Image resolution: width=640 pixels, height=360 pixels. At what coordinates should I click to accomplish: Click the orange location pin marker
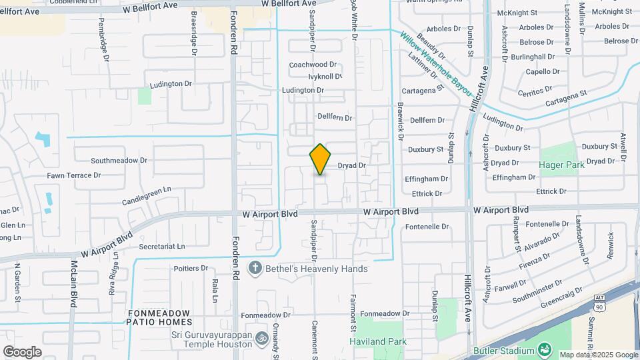pyautogui.click(x=320, y=159)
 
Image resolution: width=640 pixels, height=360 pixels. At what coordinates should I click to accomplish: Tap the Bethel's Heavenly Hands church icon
pyautogui.click(x=254, y=269)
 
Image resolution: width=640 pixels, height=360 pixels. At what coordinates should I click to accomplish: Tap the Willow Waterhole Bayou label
pyautogui.click(x=437, y=64)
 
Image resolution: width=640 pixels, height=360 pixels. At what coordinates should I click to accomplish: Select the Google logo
pyautogui.click(x=22, y=351)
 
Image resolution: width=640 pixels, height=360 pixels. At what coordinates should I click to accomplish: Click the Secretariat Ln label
pyautogui.click(x=162, y=246)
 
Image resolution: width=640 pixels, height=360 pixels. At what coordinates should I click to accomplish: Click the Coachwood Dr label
pyautogui.click(x=313, y=65)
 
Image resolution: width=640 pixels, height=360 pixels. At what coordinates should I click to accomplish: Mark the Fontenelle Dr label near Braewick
pyautogui.click(x=427, y=227)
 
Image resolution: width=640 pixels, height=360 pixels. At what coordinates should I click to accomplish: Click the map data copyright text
pyautogui.click(x=598, y=355)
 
